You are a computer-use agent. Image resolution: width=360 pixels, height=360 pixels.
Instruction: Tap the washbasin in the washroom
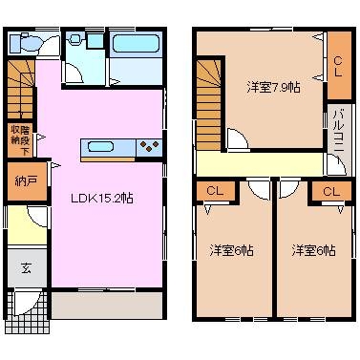(93, 41)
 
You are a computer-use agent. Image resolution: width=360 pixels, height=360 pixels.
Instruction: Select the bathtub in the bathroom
(130, 44)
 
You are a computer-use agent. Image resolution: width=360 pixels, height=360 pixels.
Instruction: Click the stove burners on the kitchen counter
(148, 146)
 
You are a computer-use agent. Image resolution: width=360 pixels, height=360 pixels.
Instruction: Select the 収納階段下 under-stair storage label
(18, 139)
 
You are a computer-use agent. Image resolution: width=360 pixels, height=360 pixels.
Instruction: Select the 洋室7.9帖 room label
(272, 87)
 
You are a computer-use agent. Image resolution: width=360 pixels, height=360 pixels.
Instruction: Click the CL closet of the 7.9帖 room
(339, 62)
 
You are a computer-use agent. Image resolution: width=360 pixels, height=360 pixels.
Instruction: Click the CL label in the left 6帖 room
(216, 192)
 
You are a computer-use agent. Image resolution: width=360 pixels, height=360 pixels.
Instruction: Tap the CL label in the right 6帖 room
(330, 192)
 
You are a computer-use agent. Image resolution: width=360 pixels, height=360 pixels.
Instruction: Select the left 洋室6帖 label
(231, 250)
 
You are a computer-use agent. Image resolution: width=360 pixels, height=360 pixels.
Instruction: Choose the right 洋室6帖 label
(313, 250)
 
